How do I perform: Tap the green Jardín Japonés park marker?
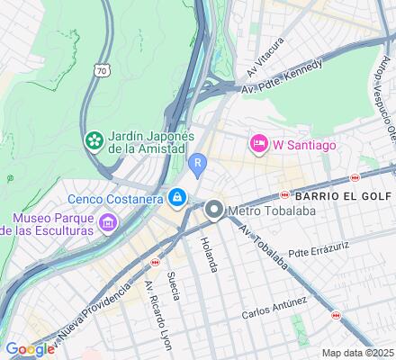pos(93,139)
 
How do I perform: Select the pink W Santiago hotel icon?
pos(259,143)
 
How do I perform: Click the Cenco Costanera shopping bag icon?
pos(179,196)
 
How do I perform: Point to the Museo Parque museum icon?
pos(109,221)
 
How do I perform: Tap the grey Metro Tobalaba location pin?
pos(214,211)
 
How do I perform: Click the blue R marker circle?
pos(198,162)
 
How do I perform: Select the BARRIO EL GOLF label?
pos(337,195)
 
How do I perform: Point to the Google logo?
pos(30,349)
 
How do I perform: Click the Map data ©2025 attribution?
pos(358,352)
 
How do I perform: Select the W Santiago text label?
pos(304,143)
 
